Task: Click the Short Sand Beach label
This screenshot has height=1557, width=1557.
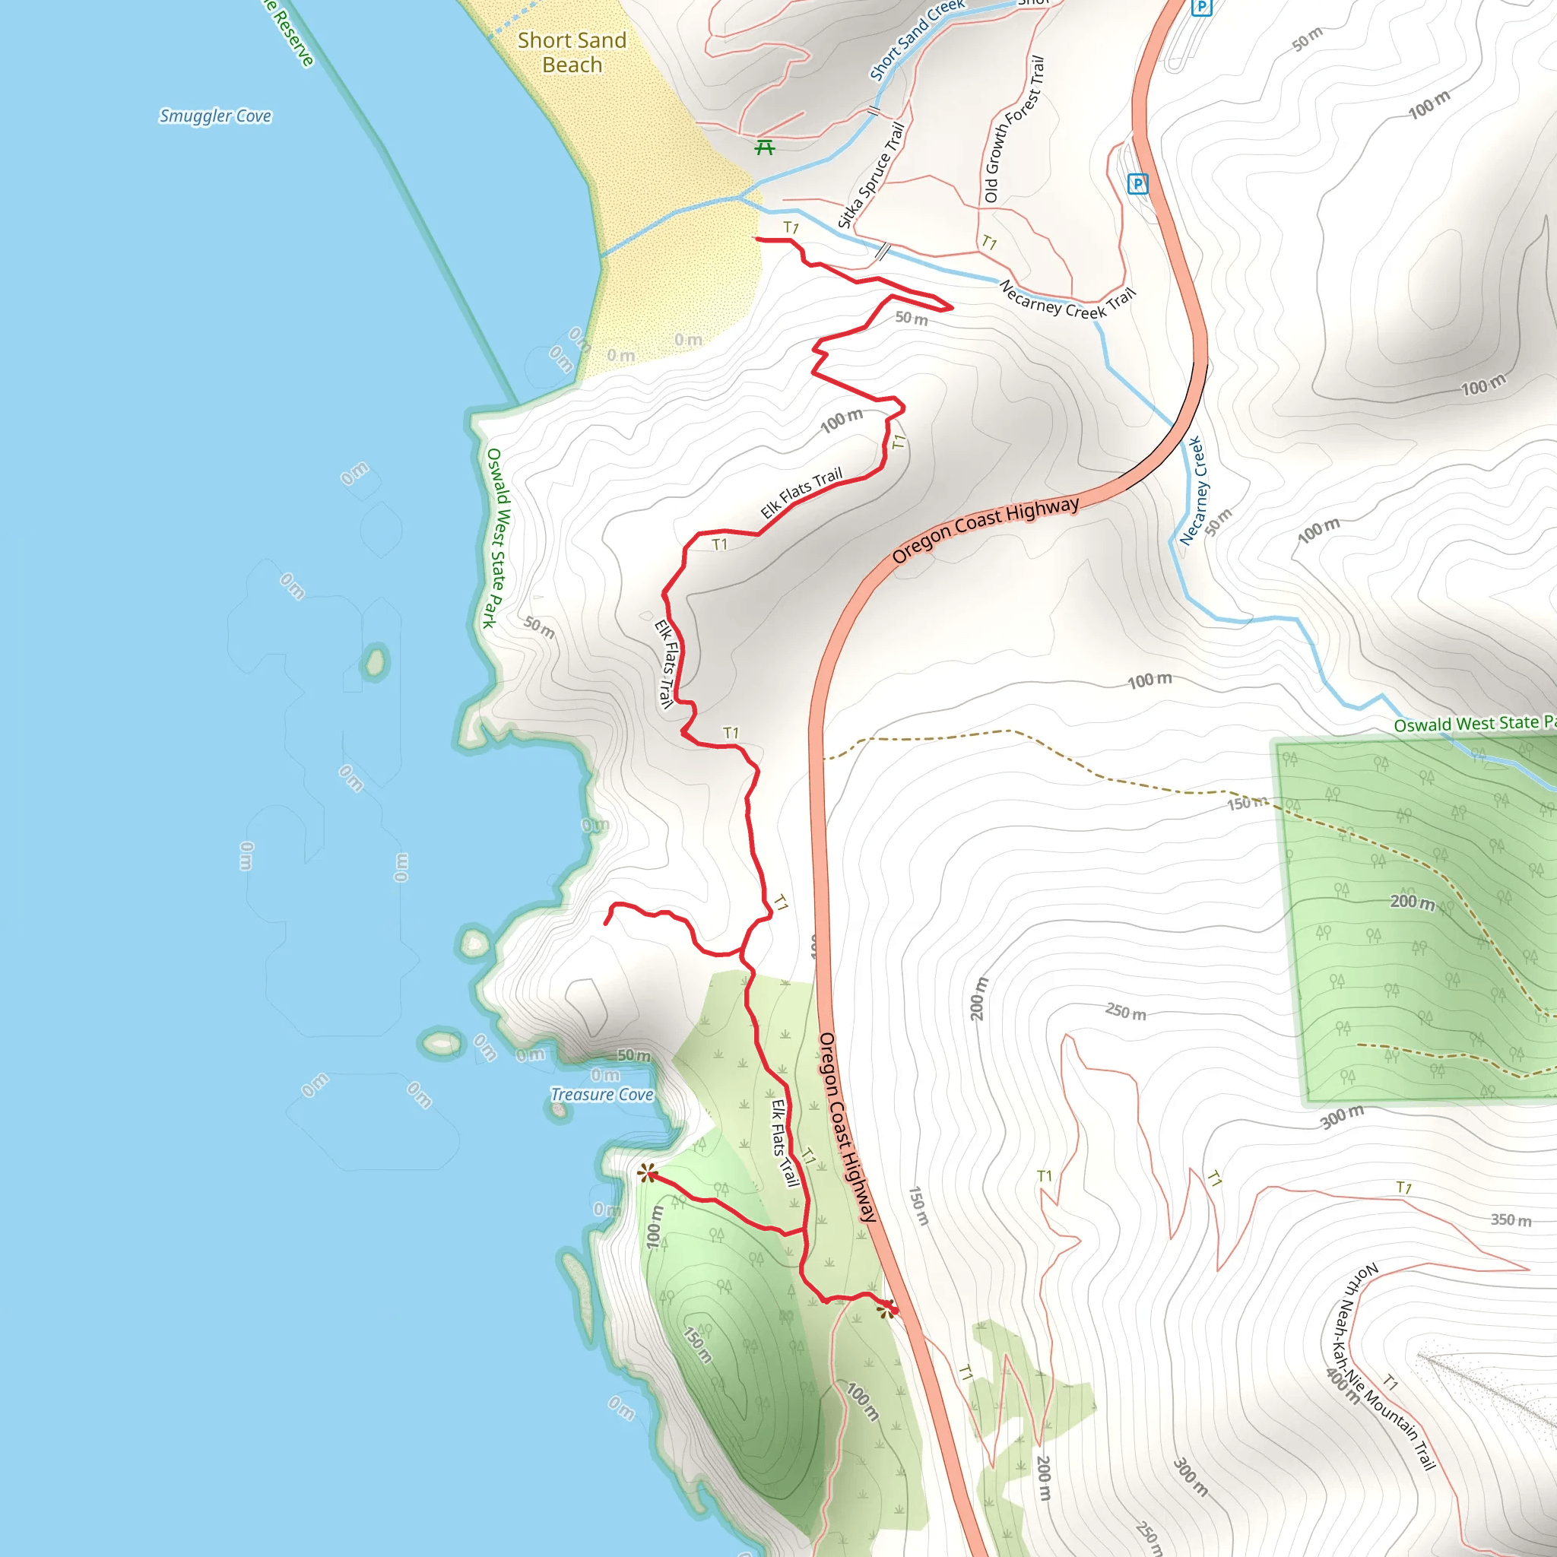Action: pyautogui.click(x=572, y=52)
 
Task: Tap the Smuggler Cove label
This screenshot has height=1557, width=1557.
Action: pyautogui.click(x=215, y=116)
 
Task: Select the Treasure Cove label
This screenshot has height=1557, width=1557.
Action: pyautogui.click(x=602, y=1095)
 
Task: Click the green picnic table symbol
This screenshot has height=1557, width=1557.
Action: pyautogui.click(x=765, y=147)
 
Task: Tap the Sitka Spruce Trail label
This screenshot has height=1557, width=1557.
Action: pyautogui.click(x=871, y=175)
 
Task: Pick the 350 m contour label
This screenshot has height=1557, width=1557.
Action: pyautogui.click(x=1511, y=1220)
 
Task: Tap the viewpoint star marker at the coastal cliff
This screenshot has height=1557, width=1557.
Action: pyautogui.click(x=647, y=1173)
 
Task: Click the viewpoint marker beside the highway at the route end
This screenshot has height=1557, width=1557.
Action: pyautogui.click(x=886, y=1310)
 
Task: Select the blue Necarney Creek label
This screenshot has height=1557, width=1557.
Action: pyautogui.click(x=1191, y=491)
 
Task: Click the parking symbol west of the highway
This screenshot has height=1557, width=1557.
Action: pyautogui.click(x=1137, y=184)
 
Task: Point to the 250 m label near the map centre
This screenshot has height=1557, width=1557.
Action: pyautogui.click(x=1125, y=1011)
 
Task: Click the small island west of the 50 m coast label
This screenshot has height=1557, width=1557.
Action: pyautogui.click(x=374, y=661)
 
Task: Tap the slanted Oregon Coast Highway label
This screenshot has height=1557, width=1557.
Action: pyautogui.click(x=985, y=529)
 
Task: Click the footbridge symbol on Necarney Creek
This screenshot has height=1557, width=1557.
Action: pyautogui.click(x=883, y=252)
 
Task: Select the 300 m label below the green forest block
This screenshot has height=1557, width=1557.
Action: pyautogui.click(x=1342, y=1117)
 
